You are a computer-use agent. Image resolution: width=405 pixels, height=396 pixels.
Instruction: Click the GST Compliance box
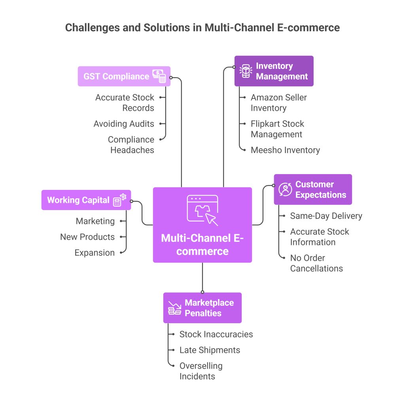(x=124, y=76)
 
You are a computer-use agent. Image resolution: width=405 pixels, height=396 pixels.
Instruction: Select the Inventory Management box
(x=274, y=71)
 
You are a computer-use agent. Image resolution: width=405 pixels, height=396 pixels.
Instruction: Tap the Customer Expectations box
(x=312, y=189)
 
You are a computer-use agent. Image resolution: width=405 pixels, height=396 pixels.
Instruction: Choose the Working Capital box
(x=86, y=200)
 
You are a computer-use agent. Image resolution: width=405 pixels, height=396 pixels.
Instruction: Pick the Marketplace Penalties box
(x=202, y=308)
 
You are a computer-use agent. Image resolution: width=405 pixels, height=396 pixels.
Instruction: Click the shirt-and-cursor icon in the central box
(x=202, y=210)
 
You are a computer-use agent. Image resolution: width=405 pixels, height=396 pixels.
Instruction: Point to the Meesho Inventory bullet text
(x=285, y=150)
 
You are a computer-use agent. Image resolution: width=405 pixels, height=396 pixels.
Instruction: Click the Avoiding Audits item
(x=124, y=124)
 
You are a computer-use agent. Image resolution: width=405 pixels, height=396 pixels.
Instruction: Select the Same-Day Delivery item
(x=326, y=216)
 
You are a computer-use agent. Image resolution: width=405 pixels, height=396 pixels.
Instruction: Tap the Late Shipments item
(x=210, y=350)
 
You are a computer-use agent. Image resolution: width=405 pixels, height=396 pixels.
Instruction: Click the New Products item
(x=87, y=237)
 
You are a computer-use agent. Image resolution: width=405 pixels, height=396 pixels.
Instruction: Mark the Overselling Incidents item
(x=201, y=371)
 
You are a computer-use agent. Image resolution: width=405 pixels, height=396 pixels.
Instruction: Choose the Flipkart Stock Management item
(x=277, y=129)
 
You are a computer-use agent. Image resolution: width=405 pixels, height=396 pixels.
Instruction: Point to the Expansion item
(x=95, y=253)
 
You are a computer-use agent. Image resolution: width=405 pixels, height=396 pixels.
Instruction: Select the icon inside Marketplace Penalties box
(x=174, y=308)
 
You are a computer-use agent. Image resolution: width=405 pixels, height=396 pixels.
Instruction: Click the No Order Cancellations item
(x=316, y=263)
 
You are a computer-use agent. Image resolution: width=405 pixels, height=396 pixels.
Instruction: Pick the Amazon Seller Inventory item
(x=278, y=102)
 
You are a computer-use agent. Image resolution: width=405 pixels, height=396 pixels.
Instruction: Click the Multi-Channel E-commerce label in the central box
(x=202, y=244)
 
